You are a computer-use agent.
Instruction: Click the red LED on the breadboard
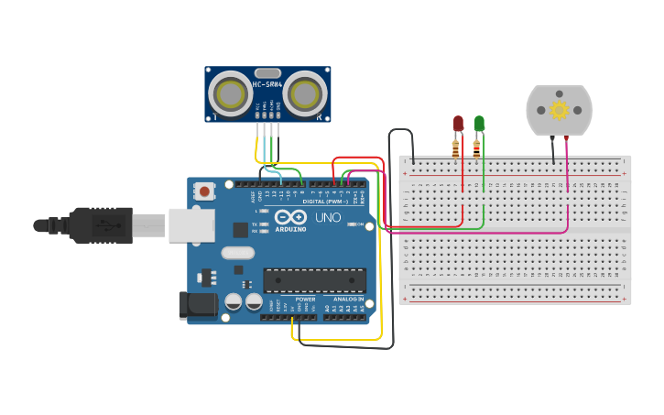coord(459,123)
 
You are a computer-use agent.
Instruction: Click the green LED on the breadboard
coord(479,123)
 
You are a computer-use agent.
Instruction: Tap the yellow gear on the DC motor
coord(559,110)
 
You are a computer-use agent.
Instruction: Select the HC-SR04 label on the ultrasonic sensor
coord(267,84)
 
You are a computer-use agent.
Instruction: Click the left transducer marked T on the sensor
coord(229,93)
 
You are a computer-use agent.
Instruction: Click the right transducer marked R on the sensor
coord(306,93)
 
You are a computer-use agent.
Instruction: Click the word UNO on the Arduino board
coord(328,217)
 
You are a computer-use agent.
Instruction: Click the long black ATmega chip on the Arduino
coord(314,280)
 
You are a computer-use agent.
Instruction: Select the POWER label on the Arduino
coord(306,300)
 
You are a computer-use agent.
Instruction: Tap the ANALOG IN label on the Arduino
coord(348,300)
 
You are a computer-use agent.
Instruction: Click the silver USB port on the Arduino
coord(191,224)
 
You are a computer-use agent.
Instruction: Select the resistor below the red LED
coord(456,148)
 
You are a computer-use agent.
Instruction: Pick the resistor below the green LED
coord(476,148)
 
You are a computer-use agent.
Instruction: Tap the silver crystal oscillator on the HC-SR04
coord(267,72)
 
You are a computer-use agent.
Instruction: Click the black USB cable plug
coord(101,224)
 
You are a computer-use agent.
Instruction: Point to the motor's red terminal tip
coord(567,138)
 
